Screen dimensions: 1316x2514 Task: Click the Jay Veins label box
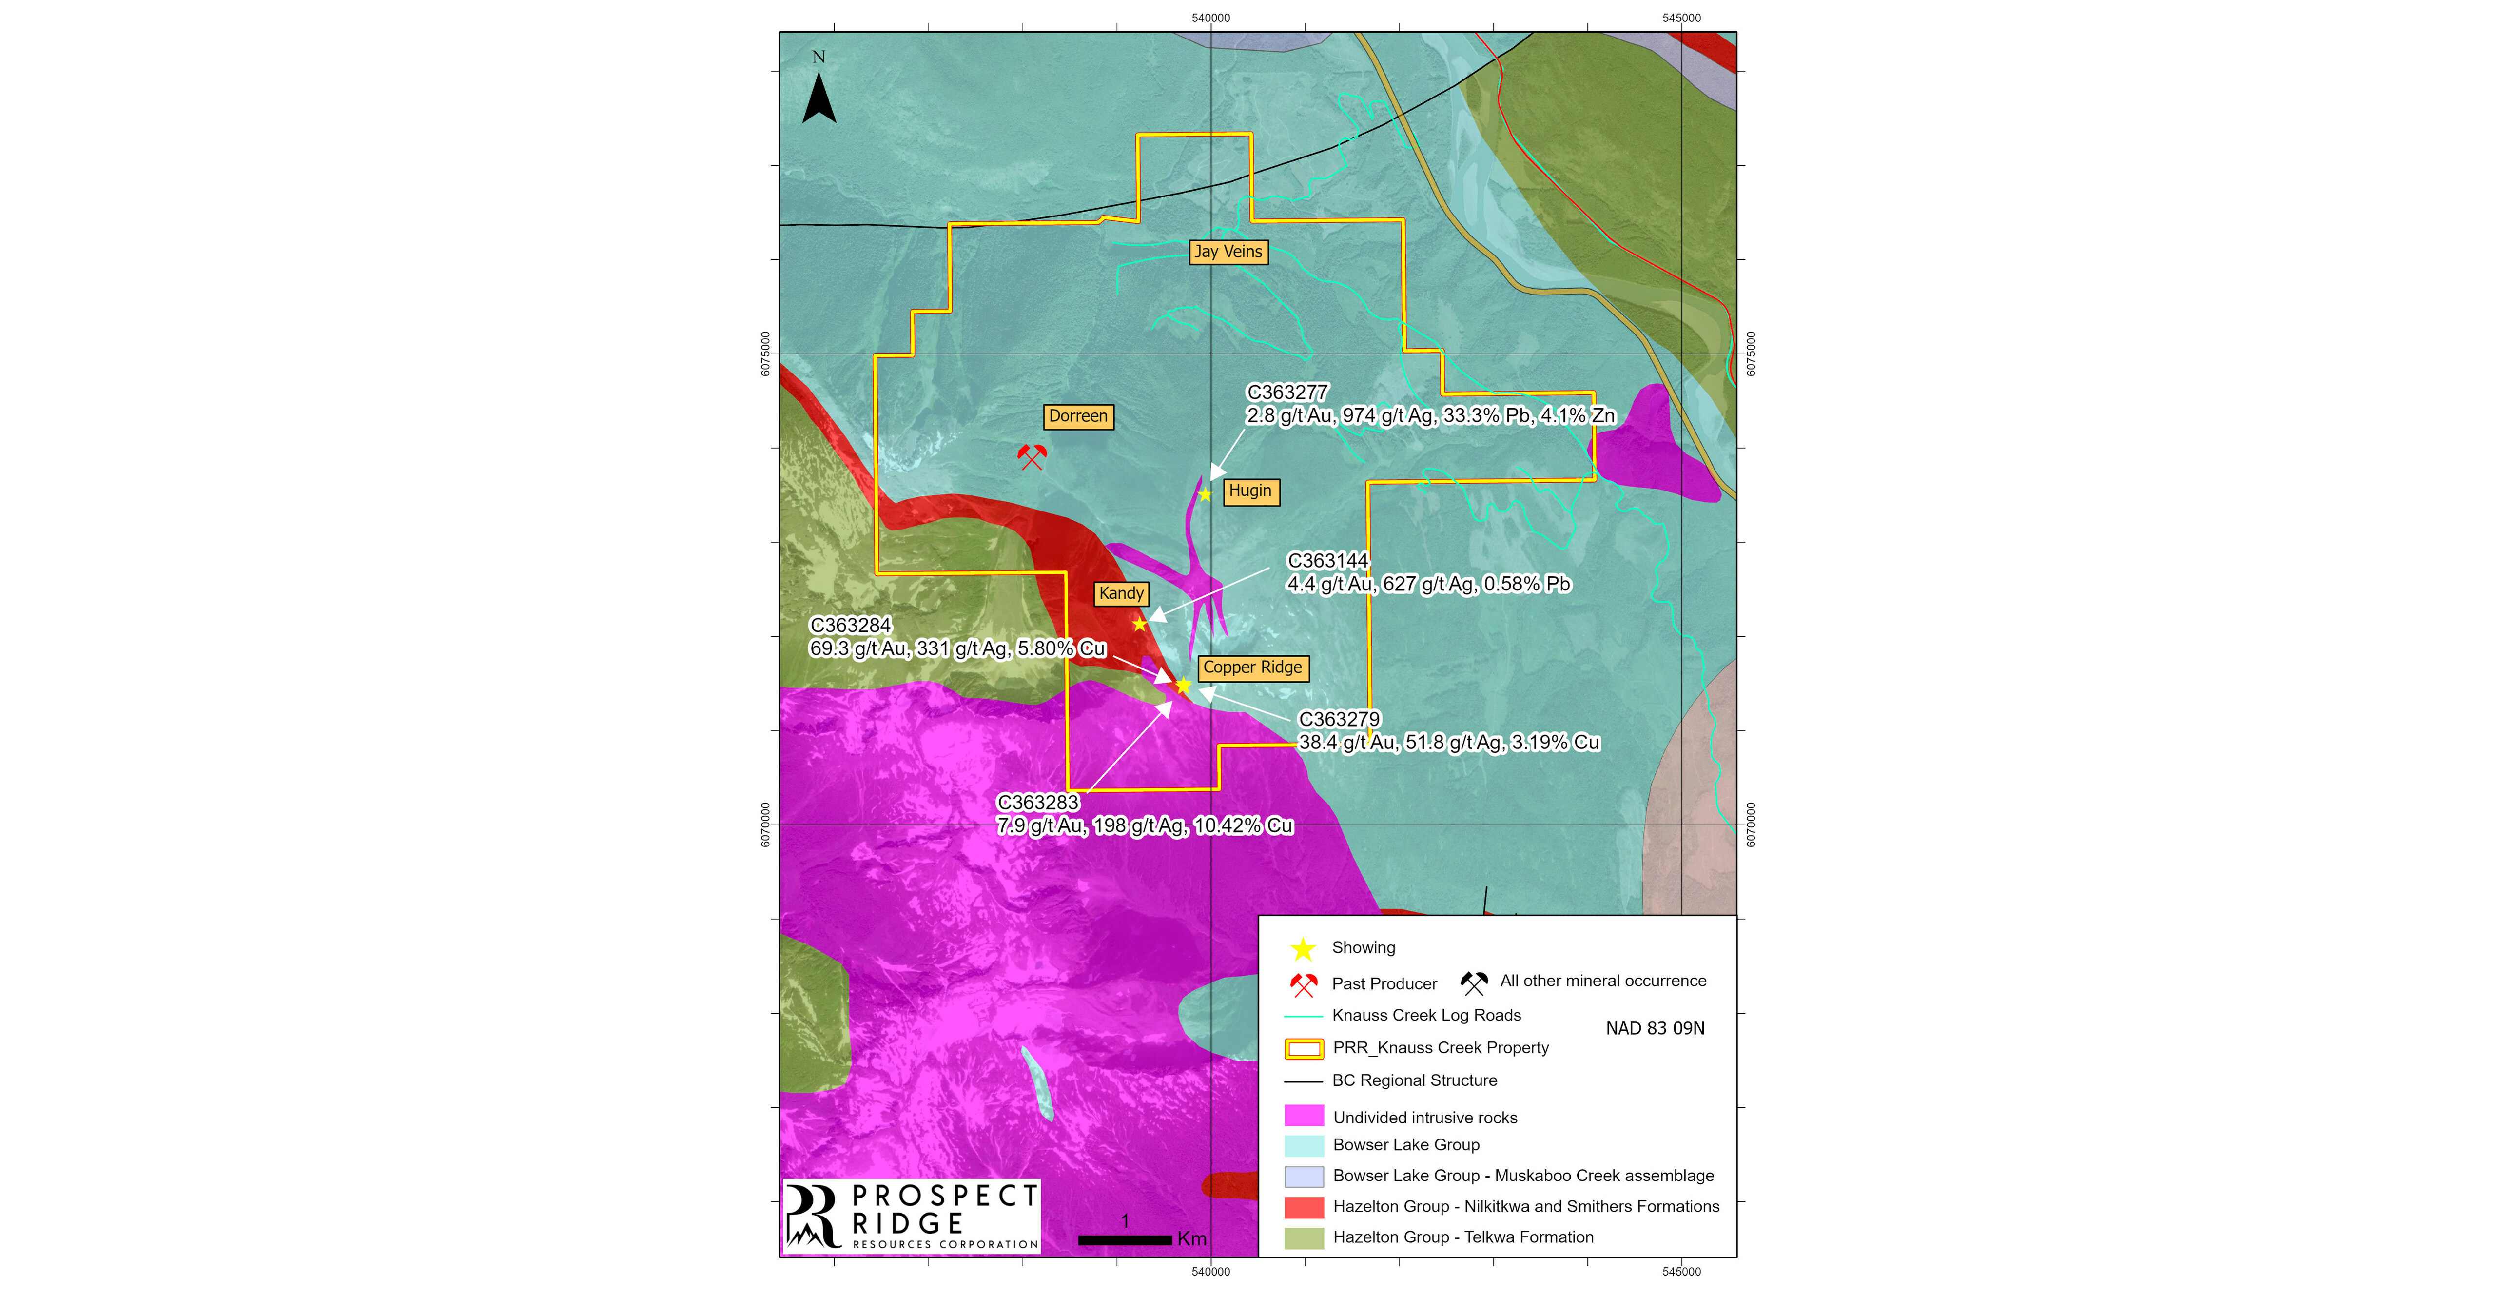pos(1228,252)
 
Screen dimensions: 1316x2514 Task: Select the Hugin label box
pos(1250,491)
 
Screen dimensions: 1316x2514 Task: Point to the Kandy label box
pos(1120,593)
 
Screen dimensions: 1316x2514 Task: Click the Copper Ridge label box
pos(1252,668)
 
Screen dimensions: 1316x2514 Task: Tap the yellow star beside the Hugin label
pos(1205,495)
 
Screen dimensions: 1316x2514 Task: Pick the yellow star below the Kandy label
pos(1139,624)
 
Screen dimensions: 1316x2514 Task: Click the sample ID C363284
pos(850,625)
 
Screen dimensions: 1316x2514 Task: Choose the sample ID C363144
pos(1327,560)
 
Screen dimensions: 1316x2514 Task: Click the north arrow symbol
pos(819,98)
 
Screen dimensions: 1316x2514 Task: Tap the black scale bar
pos(1124,1240)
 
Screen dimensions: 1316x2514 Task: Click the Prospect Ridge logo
pos(912,1217)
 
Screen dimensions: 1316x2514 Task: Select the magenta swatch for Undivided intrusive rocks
pos(1304,1116)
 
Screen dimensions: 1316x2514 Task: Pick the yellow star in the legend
pos(1303,948)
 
